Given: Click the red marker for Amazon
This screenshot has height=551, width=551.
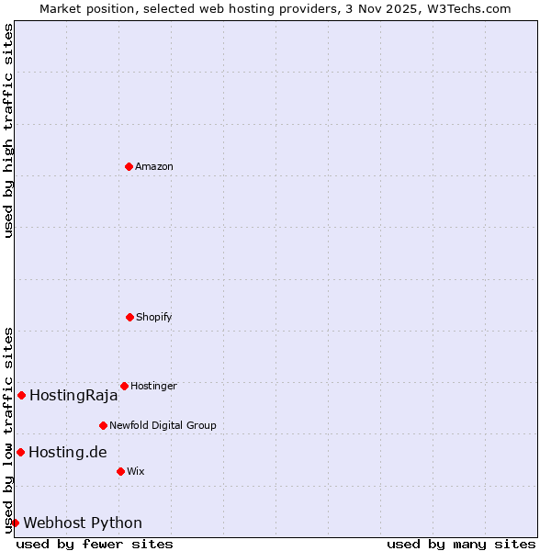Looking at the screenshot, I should pos(129,166).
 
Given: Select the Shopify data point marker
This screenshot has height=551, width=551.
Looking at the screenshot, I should pos(129,317).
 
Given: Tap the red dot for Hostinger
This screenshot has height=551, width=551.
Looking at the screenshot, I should pos(124,386).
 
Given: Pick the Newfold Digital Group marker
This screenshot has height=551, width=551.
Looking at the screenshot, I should pos(103,425).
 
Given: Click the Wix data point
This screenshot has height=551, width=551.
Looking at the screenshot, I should pos(120,471).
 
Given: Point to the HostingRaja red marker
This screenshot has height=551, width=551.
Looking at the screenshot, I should pos(21,395).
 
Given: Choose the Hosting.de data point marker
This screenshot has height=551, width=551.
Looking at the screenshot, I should pos(20,452).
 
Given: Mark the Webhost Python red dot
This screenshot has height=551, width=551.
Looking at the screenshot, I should pos(15,523).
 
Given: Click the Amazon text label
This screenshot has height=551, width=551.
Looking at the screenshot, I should pos(154,166).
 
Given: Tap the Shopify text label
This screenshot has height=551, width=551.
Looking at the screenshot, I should pos(154,317).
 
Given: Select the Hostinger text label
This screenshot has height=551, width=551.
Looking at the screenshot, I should pos(153,386).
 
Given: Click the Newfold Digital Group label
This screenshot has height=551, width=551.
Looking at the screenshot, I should pos(163,425).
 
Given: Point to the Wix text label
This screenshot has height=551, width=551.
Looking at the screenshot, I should pos(136,471).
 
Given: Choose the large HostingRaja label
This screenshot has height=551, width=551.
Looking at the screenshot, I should pos(73,396).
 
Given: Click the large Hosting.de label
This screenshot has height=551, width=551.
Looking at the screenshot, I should pos(68,452).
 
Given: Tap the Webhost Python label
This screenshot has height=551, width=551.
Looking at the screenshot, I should pos(83,523).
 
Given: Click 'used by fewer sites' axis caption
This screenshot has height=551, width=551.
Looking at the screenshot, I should pos(95,544).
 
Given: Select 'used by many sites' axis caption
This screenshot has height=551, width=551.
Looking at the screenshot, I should pos(461,544).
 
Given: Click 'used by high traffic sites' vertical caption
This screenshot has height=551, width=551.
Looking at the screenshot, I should pos(8,130).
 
